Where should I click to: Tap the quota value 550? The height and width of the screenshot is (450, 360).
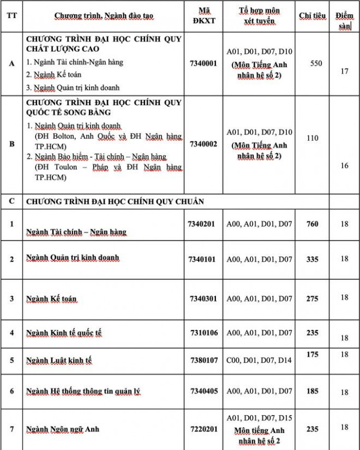[x=316, y=63]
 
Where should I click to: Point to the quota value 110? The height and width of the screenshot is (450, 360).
[x=313, y=138]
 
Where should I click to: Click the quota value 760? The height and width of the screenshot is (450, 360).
[x=313, y=224]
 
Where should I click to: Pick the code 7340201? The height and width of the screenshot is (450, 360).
[x=202, y=224]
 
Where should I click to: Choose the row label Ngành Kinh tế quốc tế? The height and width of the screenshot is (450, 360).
[x=64, y=333]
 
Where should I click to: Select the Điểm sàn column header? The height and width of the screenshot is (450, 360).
[x=344, y=21]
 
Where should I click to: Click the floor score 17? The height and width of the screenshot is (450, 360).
[x=344, y=71]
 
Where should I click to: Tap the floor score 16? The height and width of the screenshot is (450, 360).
[x=344, y=165]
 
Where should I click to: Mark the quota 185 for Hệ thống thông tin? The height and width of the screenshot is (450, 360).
[x=313, y=391]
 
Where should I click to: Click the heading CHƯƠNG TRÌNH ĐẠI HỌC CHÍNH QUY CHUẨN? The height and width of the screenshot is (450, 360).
[x=115, y=201]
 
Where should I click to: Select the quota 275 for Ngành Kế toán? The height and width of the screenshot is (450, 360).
[x=313, y=298]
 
